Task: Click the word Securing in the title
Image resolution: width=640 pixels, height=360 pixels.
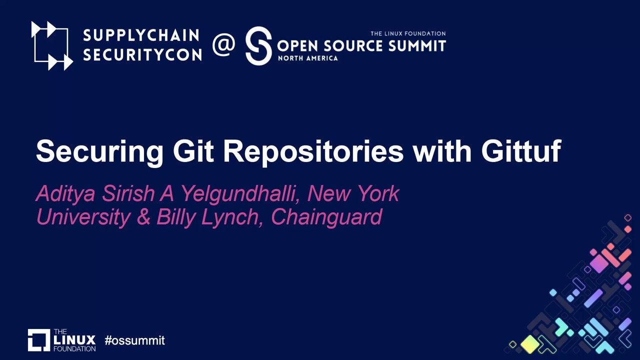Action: click(99, 151)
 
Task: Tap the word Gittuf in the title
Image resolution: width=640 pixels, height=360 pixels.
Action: click(521, 151)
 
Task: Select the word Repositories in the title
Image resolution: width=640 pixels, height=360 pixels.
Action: click(313, 151)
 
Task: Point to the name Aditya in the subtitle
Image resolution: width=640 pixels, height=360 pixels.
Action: click(65, 194)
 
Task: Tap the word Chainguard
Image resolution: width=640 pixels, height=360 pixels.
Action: click(326, 217)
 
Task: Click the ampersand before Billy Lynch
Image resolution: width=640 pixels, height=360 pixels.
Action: click(143, 217)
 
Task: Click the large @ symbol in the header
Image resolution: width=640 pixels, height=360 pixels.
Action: click(223, 45)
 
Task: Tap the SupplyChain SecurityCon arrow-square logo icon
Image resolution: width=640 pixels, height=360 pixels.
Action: click(52, 45)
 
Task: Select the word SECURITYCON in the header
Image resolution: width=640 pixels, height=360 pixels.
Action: click(142, 55)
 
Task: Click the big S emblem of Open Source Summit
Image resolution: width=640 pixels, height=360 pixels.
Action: click(258, 46)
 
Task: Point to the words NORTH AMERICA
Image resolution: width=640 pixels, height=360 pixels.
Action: click(307, 58)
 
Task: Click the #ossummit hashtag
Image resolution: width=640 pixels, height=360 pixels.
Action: click(134, 341)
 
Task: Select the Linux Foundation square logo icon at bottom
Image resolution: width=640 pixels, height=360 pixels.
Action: click(39, 340)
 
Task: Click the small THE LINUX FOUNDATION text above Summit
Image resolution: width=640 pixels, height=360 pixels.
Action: click(407, 33)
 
